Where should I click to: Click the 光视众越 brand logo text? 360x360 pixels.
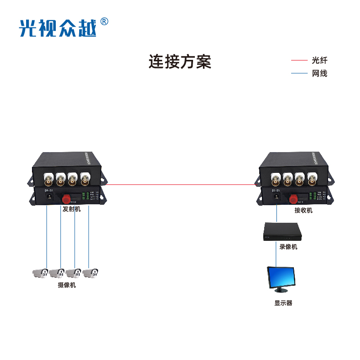point(58,28)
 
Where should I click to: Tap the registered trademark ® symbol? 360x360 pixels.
point(104,21)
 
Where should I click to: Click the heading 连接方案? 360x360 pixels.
point(180,62)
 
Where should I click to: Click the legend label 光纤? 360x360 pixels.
point(319,60)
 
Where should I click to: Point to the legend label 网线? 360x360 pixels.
point(319,73)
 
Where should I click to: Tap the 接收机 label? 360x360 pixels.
point(303,210)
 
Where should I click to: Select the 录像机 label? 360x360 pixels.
point(288,247)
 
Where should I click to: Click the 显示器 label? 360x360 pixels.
point(283,303)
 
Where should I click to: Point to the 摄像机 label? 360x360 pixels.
point(67,285)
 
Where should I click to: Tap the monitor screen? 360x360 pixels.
point(281,278)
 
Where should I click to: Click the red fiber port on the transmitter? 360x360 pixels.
point(67,198)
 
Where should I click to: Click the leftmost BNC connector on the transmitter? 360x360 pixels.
point(48,181)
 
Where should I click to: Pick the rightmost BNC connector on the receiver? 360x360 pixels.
point(311,181)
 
